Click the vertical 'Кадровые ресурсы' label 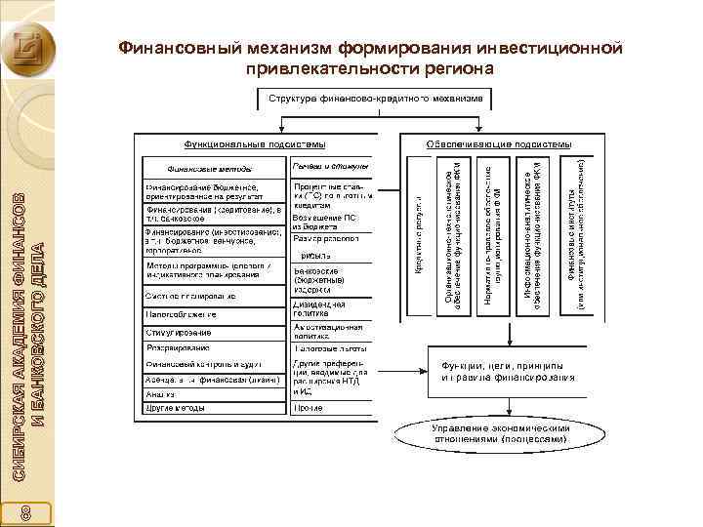coord(419,235)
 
